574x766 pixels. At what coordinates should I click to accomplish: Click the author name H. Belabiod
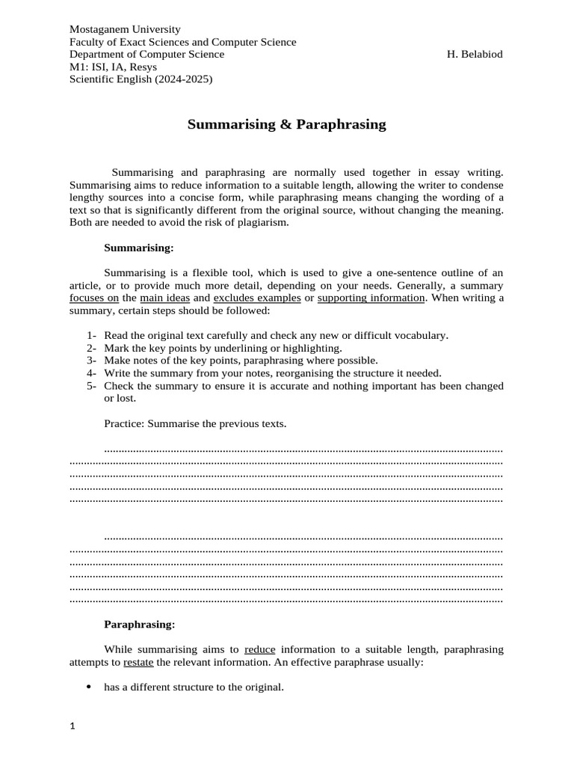pos(475,55)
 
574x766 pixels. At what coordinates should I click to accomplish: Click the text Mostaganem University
pos(125,30)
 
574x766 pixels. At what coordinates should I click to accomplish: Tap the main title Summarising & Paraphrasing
pos(286,125)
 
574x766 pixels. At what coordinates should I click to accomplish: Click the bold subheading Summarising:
pos(139,247)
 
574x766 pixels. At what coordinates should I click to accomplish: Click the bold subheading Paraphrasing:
pos(140,624)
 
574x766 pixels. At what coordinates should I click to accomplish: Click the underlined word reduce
pos(260,649)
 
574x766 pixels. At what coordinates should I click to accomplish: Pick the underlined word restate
pos(139,662)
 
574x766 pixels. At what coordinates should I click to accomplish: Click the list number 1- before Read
pos(92,335)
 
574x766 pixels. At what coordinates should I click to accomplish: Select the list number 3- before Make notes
pos(92,361)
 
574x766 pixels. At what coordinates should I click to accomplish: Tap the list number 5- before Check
pos(92,386)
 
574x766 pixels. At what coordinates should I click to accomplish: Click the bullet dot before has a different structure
pos(90,687)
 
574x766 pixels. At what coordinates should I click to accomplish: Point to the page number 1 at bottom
pos(72,726)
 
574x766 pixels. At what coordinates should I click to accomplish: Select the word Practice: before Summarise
pos(124,423)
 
